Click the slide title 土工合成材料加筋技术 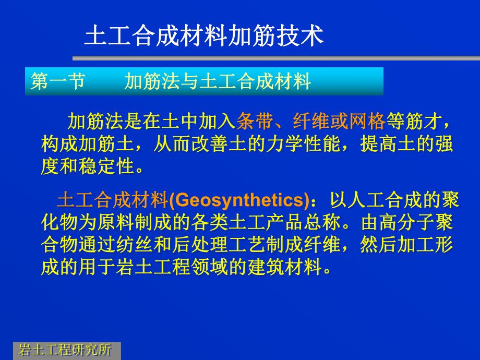pyautogui.click(x=204, y=37)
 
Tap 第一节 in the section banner pyautogui.click(x=57, y=82)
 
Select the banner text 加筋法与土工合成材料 pyautogui.click(x=218, y=82)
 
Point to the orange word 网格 pyautogui.click(x=367, y=122)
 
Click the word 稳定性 pyautogui.click(x=106, y=168)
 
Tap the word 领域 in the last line pyautogui.click(x=209, y=268)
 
